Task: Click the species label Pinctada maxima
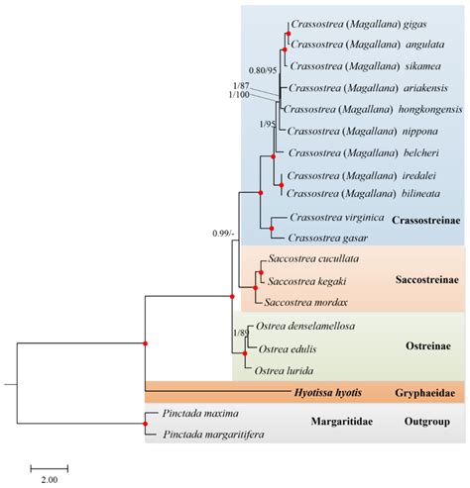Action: (188, 415)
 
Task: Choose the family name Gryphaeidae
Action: (423, 393)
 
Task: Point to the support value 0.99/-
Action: (228, 234)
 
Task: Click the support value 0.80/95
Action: (262, 70)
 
